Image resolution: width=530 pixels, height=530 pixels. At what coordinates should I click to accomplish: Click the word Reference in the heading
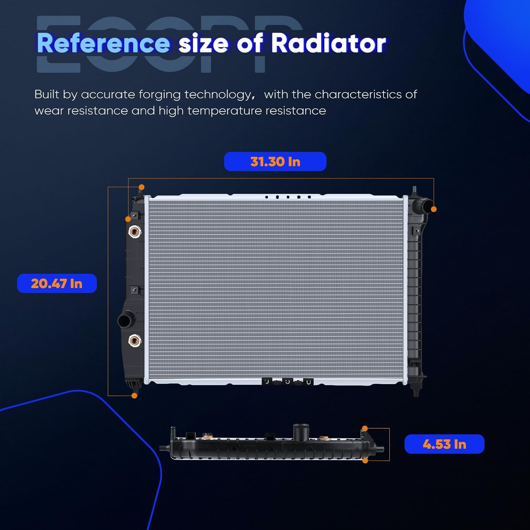[x=103, y=43]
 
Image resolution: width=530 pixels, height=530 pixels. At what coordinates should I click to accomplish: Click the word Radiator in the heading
[x=328, y=43]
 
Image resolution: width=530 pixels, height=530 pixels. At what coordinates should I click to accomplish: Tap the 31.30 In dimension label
[x=275, y=162]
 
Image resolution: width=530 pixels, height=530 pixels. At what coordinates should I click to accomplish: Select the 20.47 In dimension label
[x=57, y=283]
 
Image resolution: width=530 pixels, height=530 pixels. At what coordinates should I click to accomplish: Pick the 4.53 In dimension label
[x=444, y=444]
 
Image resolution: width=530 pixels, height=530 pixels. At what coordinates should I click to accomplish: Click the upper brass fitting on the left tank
[x=134, y=232]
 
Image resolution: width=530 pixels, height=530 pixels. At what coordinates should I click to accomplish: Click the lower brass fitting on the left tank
[x=134, y=341]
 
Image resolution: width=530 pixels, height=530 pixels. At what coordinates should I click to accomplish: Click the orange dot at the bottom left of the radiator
[x=134, y=396]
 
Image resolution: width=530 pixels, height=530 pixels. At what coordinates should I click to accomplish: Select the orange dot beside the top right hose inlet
[x=434, y=209]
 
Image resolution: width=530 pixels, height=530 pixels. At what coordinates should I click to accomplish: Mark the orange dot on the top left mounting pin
[x=142, y=187]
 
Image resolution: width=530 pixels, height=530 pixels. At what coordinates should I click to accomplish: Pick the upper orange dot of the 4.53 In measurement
[x=365, y=429]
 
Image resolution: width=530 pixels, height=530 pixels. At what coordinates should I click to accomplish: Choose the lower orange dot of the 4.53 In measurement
[x=365, y=461]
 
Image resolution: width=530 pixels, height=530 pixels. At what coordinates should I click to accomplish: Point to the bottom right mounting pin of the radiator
[x=416, y=390]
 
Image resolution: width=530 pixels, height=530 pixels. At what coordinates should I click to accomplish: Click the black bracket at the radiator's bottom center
[x=287, y=382]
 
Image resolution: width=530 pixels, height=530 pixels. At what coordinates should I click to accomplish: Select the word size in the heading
[x=204, y=43]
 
